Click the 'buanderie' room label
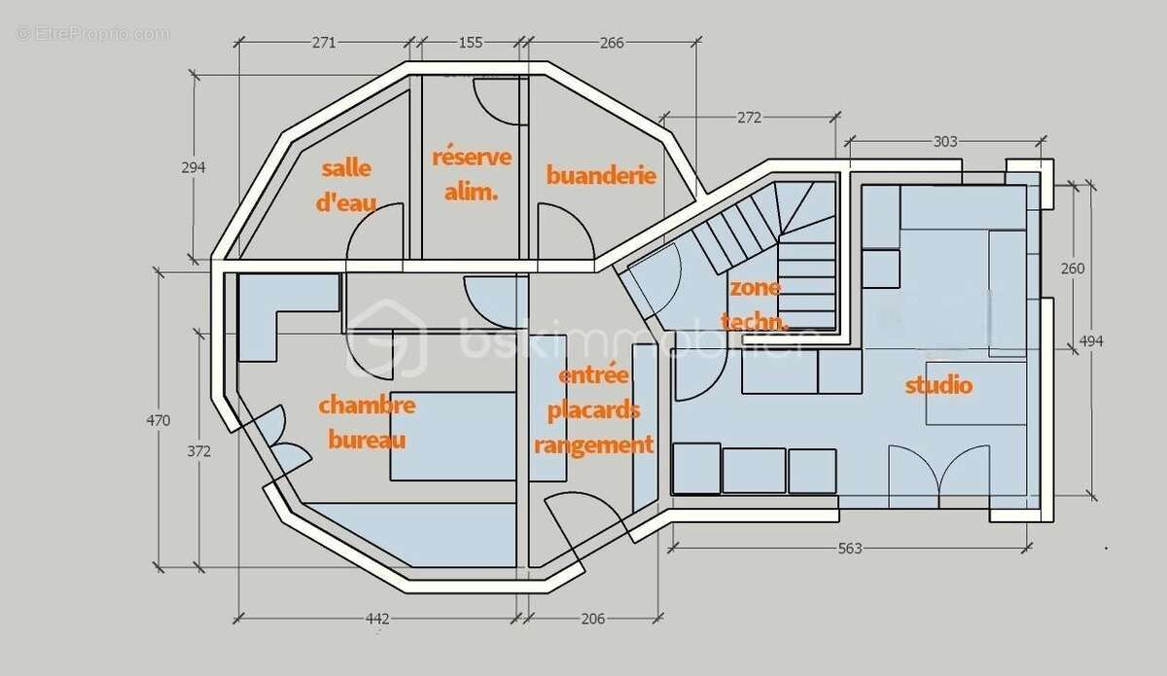[601, 176]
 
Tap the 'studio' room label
[938, 386]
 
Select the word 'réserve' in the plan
[472, 157]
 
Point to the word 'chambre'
[367, 405]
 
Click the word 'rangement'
[594, 445]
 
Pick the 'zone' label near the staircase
[755, 288]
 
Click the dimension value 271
[324, 43]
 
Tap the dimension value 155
[471, 43]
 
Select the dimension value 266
[612, 43]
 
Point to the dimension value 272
[749, 118]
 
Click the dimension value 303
[945, 141]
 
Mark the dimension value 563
[850, 549]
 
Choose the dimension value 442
[377, 619]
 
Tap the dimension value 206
[593, 619]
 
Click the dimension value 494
[1091, 341]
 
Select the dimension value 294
[194, 168]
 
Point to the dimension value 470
[158, 420]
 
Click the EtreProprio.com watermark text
[92, 34]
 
